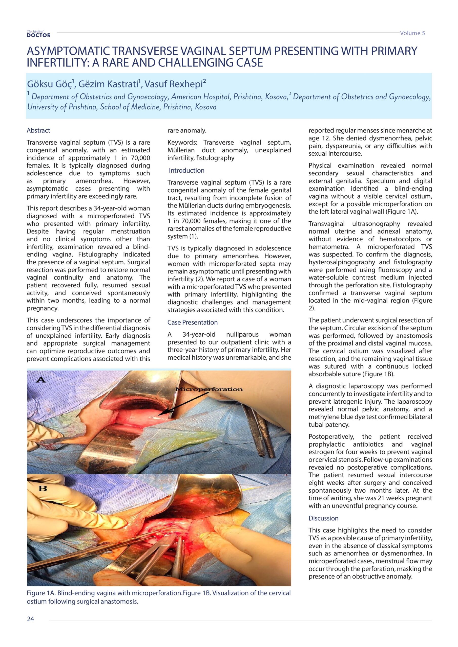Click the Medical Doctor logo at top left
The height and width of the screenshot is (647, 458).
pyautogui.click(x=39, y=34)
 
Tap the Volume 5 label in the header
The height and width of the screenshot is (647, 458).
pyautogui.click(x=412, y=33)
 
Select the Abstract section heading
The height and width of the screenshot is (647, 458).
pyautogui.click(x=38, y=130)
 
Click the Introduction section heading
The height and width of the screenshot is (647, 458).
pyautogui.click(x=186, y=171)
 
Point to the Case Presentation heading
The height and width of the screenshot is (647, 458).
pyautogui.click(x=193, y=322)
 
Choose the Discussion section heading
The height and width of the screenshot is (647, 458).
pyautogui.click(x=323, y=518)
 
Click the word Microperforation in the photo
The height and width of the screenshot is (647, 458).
pyautogui.click(x=209, y=389)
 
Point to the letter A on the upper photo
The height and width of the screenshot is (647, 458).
pyautogui.click(x=41, y=380)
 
